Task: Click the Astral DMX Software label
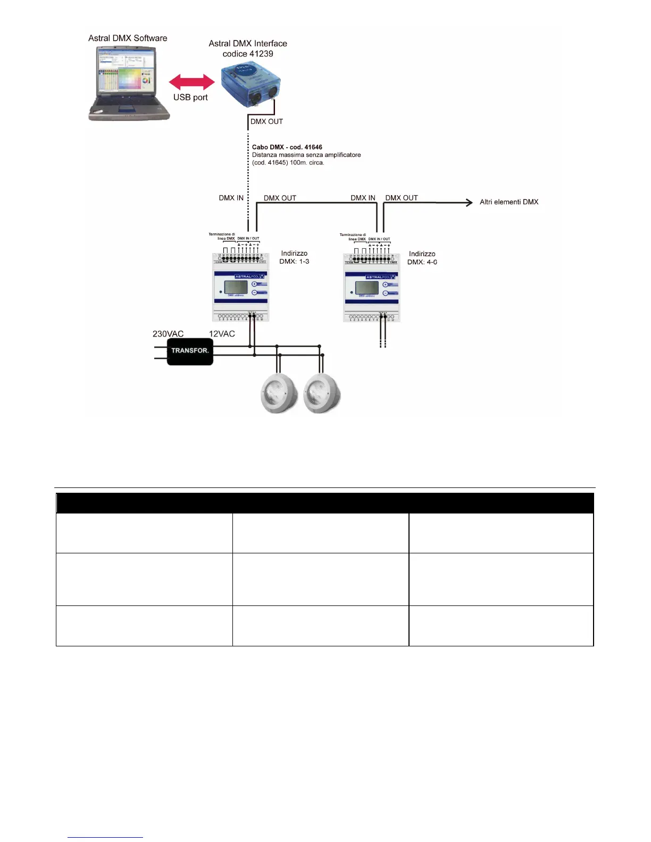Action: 128,38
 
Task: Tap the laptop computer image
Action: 128,82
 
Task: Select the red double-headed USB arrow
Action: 191,82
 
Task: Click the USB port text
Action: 190,97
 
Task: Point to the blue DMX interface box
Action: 250,85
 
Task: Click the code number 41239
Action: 261,54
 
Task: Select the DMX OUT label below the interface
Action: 266,121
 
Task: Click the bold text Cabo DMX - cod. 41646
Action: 287,147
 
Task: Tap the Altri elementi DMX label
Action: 509,202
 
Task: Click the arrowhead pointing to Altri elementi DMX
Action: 469,202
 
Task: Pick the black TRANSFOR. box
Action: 190,351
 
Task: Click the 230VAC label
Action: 168,334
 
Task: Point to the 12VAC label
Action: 222,334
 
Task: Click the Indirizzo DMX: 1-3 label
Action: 294,257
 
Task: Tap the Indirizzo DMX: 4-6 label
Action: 422,258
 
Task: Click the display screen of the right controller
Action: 367,288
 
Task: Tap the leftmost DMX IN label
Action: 231,198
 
